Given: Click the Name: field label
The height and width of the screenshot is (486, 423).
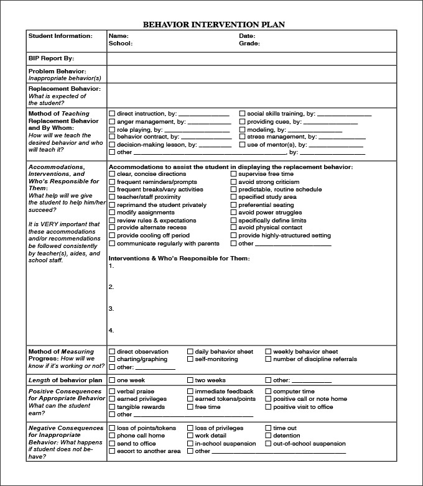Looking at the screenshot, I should pos(118,36).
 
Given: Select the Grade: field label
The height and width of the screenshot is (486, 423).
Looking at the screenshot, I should pos(249,44).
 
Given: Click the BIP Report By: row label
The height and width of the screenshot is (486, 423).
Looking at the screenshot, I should pos(51,58).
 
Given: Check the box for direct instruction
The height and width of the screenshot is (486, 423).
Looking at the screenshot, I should pos(112,114).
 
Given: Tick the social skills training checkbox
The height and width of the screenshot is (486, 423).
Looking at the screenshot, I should pos(243,114).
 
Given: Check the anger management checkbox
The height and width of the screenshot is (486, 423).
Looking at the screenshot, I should pos(112,122).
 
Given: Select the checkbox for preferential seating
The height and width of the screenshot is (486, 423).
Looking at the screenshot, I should pos(234,205).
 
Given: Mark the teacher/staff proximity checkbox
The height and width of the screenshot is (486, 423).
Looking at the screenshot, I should pos(112,198).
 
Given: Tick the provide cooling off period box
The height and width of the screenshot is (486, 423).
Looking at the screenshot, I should pos(112,236).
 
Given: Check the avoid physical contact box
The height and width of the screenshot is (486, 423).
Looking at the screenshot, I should pos(234,228).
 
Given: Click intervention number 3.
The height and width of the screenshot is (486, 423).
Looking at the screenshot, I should pos(111,309).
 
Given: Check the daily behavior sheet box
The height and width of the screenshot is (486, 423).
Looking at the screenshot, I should pos(190,352).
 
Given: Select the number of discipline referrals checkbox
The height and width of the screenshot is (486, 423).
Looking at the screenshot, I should pos(269,359).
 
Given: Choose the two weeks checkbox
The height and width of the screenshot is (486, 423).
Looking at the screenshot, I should pos(190,380).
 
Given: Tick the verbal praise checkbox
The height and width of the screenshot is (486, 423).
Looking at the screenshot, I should pos(112,392).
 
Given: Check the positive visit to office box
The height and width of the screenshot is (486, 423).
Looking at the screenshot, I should pos(269,407).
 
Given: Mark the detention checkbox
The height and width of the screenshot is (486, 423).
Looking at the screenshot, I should pos(269,436).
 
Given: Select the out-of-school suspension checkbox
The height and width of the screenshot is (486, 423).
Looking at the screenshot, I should pos(269,444).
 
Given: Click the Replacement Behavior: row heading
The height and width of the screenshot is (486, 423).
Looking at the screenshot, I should pos(64,89).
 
